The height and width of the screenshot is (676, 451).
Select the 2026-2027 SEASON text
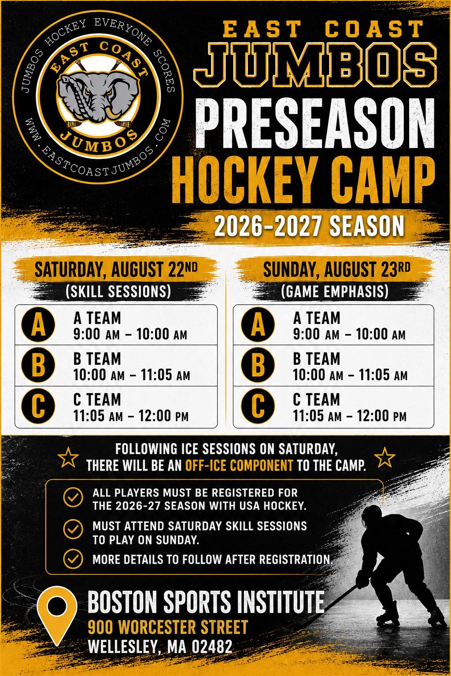tap(309, 226)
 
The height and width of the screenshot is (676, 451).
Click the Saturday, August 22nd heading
tap(116, 269)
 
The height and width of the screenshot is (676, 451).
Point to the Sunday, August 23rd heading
tap(337, 269)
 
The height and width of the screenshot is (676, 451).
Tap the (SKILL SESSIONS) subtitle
tap(118, 291)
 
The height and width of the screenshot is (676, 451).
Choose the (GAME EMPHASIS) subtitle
tap(334, 291)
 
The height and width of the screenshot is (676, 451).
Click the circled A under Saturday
tap(38, 324)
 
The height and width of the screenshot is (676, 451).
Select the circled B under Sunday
tap(258, 365)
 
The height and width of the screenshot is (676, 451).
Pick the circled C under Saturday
tap(38, 406)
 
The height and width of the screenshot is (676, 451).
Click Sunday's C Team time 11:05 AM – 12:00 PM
tap(350, 416)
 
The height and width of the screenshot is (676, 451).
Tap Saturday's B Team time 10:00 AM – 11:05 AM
tap(132, 375)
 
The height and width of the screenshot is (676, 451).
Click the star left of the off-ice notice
tap(68, 458)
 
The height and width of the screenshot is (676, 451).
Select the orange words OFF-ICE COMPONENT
tap(239, 465)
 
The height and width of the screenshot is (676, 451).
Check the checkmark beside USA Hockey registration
tap(73, 497)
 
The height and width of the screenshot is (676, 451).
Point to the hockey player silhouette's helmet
tap(372, 514)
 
